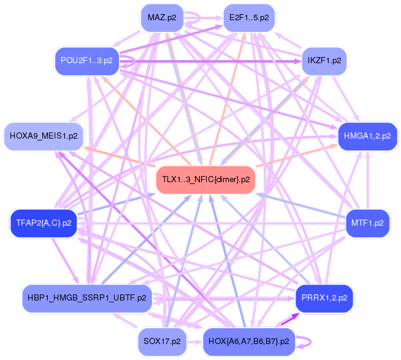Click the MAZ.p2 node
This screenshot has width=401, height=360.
162,18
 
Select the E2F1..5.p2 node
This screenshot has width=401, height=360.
248,18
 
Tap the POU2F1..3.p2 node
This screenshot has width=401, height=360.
86,60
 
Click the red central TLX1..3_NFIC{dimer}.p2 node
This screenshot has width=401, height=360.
205,180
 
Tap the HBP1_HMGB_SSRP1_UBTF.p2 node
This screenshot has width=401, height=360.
86,298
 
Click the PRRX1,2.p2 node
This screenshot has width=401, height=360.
324,298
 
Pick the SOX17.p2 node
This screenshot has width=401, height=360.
161,340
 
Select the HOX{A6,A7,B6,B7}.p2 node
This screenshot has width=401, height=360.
249,340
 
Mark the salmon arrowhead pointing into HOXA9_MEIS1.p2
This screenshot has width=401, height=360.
88,148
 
